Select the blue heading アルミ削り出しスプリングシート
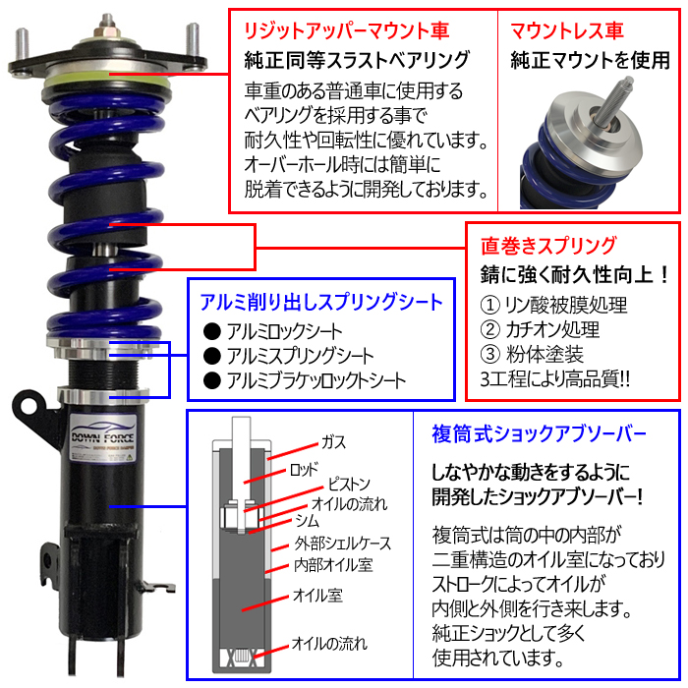pyautogui.click(x=321, y=301)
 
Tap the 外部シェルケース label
pyautogui.click(x=342, y=543)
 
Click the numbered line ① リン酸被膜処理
pyautogui.click(x=542, y=305)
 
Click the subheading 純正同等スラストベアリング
pyautogui.click(x=357, y=61)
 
